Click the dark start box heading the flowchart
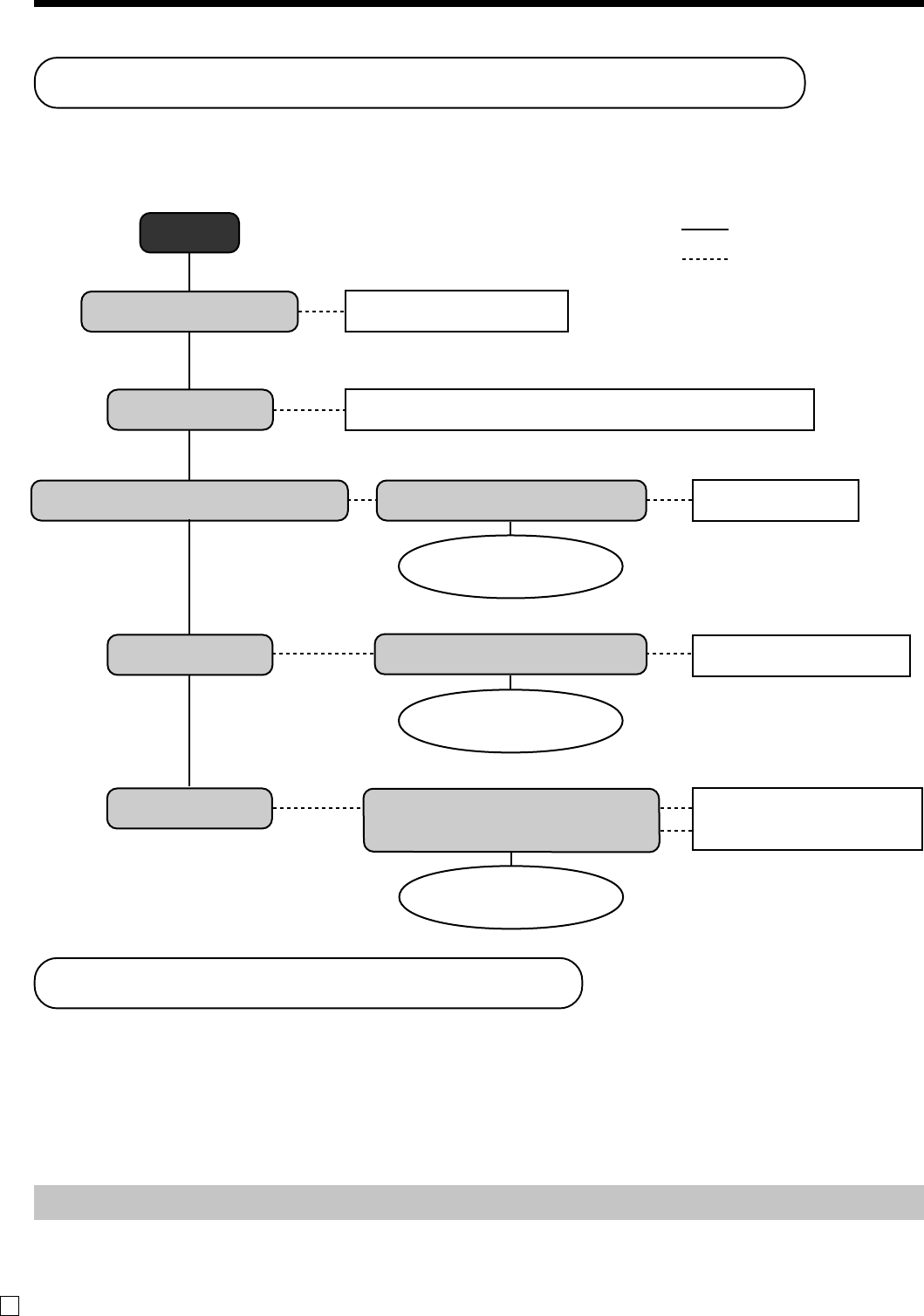click(189, 233)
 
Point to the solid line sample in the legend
click(704, 230)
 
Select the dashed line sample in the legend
click(704, 260)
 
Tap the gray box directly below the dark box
click(189, 312)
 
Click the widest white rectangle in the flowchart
click(579, 410)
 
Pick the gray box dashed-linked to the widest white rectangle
click(189, 410)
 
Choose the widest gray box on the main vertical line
click(189, 500)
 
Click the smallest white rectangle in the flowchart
click(775, 500)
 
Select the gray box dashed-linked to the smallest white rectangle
click(511, 500)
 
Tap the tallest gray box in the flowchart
click(511, 820)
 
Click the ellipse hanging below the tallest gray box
click(511, 897)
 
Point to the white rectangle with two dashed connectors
click(807, 819)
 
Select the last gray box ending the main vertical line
click(189, 808)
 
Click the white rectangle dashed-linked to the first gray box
click(456, 312)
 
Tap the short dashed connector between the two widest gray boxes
click(362, 500)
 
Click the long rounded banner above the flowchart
click(419, 83)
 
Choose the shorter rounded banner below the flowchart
click(308, 983)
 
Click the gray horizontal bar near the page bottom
click(478, 1202)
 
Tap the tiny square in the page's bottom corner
click(9, 1306)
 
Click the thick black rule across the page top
click(478, 3)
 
